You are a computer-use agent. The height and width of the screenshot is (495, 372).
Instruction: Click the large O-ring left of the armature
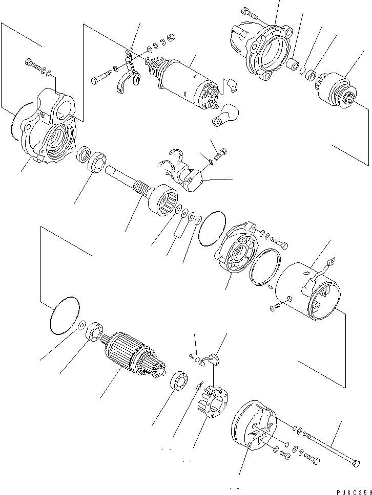pyautogui.click(x=65, y=316)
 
